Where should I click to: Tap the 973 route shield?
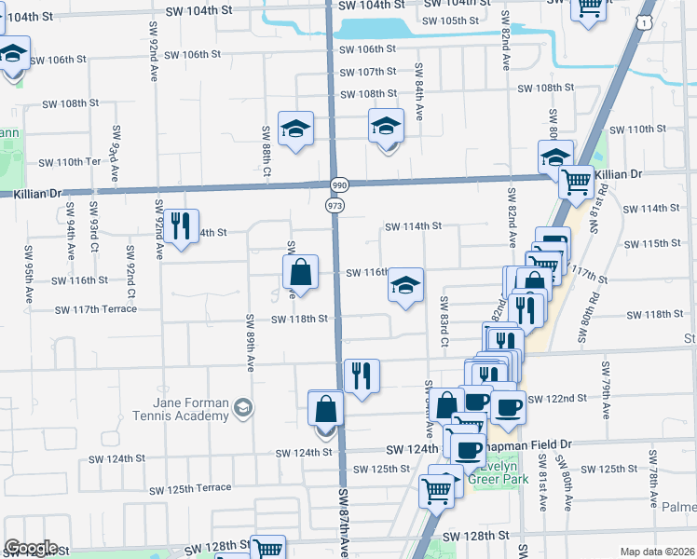tap(335, 203)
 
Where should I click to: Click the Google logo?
tap(31, 548)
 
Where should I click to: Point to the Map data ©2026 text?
tap(656, 552)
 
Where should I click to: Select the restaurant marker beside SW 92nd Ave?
tap(181, 225)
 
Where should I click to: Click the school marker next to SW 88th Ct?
tap(295, 129)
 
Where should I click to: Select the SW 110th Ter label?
tap(68, 162)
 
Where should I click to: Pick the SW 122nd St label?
tap(557, 399)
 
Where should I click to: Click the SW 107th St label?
tap(368, 72)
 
